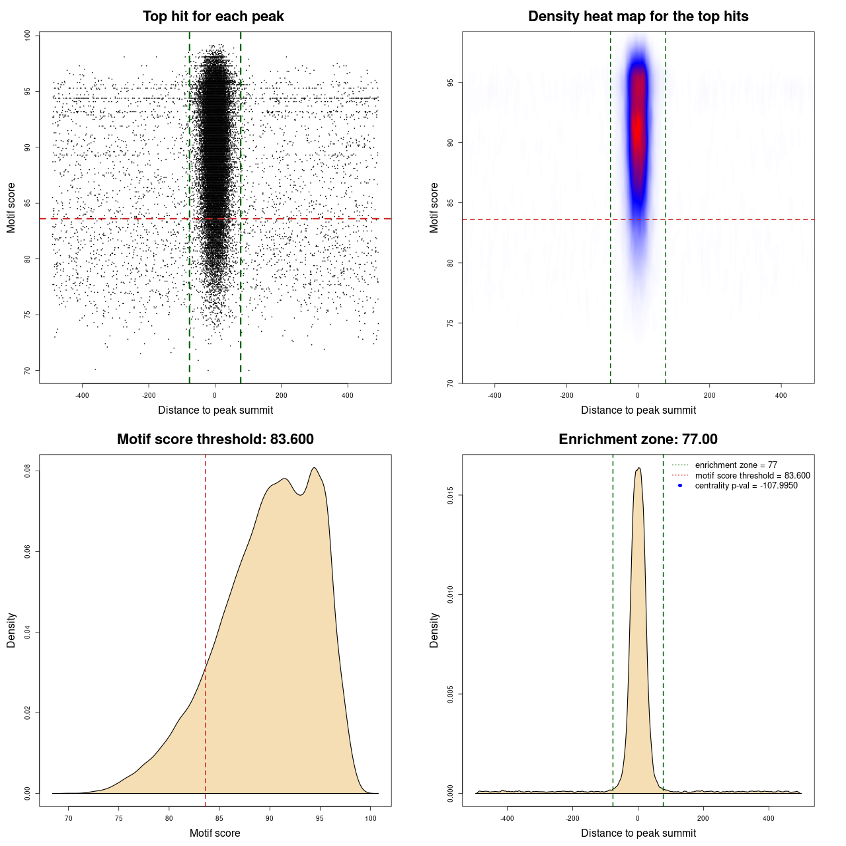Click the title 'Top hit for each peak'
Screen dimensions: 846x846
213,17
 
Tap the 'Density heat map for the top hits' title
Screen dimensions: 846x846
638,17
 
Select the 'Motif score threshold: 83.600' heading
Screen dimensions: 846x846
215,440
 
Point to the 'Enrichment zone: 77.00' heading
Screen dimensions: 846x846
638,440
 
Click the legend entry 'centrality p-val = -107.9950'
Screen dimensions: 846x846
746,486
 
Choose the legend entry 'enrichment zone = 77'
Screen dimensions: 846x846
736,465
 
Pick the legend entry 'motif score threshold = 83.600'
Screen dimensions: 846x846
752,475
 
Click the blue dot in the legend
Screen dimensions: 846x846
680,486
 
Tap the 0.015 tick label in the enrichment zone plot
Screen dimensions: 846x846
450,496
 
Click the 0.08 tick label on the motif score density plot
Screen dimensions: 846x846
27,471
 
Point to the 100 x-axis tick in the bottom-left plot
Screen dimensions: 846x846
371,818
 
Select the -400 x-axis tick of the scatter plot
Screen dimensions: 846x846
82,395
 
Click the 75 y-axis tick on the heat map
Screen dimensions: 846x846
450,323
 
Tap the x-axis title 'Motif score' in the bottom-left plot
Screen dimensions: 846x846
215,833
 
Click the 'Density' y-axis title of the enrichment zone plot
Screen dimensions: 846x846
434,630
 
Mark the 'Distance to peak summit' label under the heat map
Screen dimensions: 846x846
638,410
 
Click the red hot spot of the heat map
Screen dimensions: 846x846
637,126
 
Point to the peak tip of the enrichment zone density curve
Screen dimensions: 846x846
638,469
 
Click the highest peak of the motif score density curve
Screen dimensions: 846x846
315,468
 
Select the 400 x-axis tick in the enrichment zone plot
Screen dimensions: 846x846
768,818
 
